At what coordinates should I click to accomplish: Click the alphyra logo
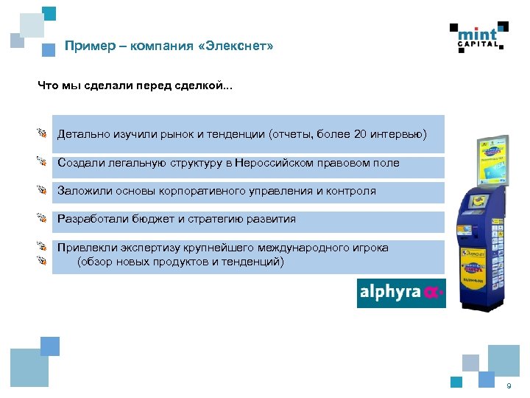pos(400,293)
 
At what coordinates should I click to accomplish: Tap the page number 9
pos(508,387)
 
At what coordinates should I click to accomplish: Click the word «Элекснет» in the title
pos(239,46)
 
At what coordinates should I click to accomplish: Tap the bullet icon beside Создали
pos(43,161)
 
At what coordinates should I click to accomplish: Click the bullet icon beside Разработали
pos(43,218)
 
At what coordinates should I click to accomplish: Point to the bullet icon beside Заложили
pos(43,189)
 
